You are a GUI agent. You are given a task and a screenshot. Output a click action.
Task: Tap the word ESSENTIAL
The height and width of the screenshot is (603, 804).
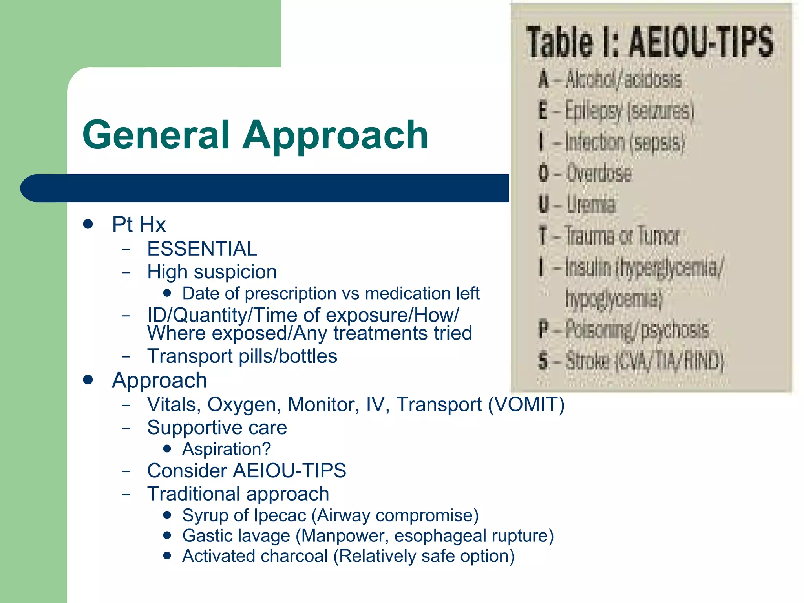pos(202,249)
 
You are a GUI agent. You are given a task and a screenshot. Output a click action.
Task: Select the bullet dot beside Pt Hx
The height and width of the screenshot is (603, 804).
pos(88,224)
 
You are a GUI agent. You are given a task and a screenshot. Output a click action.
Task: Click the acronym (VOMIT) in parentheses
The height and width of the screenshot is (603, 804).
pos(526,405)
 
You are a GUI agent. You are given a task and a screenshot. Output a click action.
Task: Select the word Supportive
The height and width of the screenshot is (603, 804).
pos(194,428)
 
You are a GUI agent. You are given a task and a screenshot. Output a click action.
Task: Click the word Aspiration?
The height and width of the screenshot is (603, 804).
pos(227,449)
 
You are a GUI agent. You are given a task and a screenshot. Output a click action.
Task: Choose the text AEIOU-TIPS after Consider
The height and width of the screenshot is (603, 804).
pos(289,471)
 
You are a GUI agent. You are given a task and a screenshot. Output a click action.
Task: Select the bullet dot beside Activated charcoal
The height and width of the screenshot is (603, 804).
pos(168,556)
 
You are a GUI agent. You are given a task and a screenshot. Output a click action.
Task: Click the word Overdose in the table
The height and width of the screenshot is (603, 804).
pos(599,173)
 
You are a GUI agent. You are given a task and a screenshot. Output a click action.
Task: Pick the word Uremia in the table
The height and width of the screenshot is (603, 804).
pos(591,205)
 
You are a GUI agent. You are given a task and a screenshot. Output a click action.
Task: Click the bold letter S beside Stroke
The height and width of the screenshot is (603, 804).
pos(543,361)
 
